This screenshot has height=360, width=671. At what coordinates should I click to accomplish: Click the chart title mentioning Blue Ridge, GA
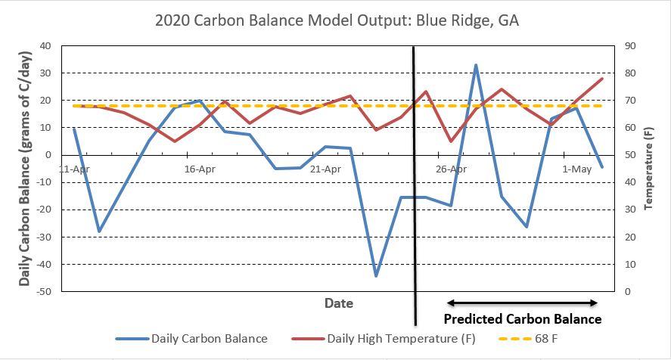(x=337, y=20)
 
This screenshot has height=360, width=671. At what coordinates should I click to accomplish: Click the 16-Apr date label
(x=200, y=169)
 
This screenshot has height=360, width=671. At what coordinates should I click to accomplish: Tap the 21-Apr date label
(x=325, y=169)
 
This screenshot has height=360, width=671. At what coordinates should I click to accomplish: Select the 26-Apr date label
(x=451, y=169)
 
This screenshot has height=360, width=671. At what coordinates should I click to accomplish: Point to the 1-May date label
(x=576, y=169)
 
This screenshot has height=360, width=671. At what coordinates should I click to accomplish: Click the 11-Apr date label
(x=74, y=169)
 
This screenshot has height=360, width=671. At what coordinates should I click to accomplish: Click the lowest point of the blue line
(x=376, y=276)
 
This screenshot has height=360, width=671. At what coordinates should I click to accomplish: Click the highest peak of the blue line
(x=476, y=65)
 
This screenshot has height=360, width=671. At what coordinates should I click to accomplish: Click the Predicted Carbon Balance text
(x=522, y=319)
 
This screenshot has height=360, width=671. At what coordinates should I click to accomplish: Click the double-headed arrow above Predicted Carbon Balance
(x=523, y=302)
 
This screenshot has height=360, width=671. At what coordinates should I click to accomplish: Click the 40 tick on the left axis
(x=45, y=46)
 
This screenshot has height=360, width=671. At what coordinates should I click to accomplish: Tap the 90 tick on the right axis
(x=631, y=46)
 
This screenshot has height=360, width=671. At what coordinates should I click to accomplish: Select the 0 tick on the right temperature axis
(x=628, y=292)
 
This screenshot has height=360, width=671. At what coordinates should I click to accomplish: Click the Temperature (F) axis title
(x=648, y=169)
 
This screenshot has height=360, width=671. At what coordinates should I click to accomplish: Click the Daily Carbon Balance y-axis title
(x=24, y=169)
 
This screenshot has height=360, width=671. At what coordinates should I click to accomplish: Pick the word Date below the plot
(x=338, y=303)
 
